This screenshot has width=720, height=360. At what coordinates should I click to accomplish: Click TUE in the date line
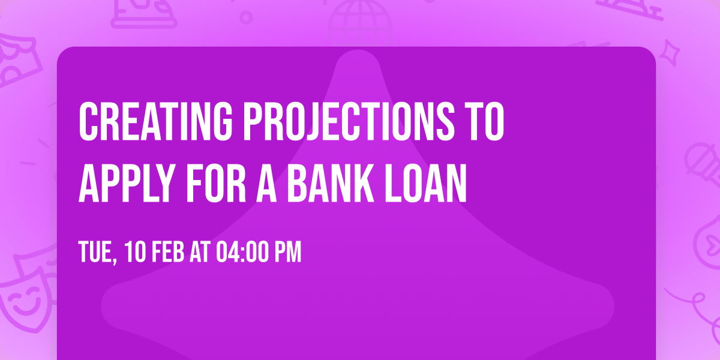point(96,253)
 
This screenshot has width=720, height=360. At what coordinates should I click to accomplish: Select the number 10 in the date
point(134,253)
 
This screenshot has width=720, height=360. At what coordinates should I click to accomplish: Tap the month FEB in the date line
point(169,253)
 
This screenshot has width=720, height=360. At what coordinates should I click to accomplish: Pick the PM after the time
point(287,253)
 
